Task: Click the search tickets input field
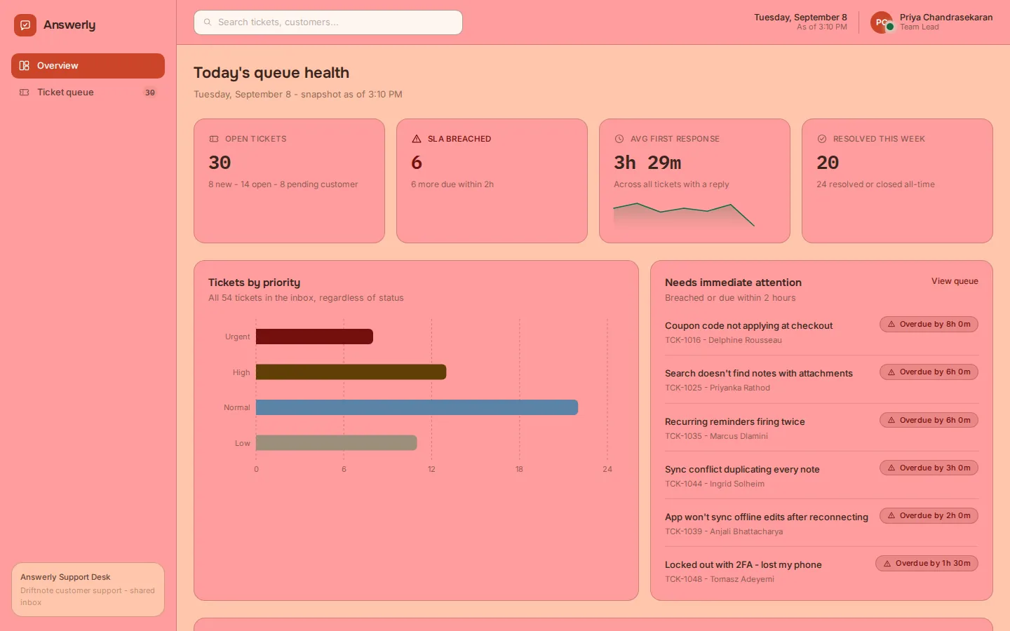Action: click(x=328, y=22)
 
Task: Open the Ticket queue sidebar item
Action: click(x=88, y=93)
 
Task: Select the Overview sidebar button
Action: click(x=88, y=66)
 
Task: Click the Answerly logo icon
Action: click(x=25, y=25)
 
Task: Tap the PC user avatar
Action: click(x=882, y=22)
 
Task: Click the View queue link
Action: click(x=955, y=281)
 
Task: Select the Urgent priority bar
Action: click(x=314, y=337)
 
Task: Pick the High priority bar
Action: click(x=351, y=372)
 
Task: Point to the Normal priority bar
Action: click(x=417, y=407)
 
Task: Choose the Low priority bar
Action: click(x=337, y=442)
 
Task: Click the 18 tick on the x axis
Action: click(x=519, y=469)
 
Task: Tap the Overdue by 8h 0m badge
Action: click(x=929, y=325)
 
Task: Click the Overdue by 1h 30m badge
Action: click(x=927, y=564)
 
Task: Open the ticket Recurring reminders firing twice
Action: click(x=734, y=422)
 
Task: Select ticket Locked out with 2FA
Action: click(x=743, y=565)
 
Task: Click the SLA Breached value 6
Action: click(x=417, y=163)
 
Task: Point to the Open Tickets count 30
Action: click(x=220, y=163)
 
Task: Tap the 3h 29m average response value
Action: click(x=647, y=163)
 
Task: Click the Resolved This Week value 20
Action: click(x=828, y=163)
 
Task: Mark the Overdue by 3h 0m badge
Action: click(x=929, y=468)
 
